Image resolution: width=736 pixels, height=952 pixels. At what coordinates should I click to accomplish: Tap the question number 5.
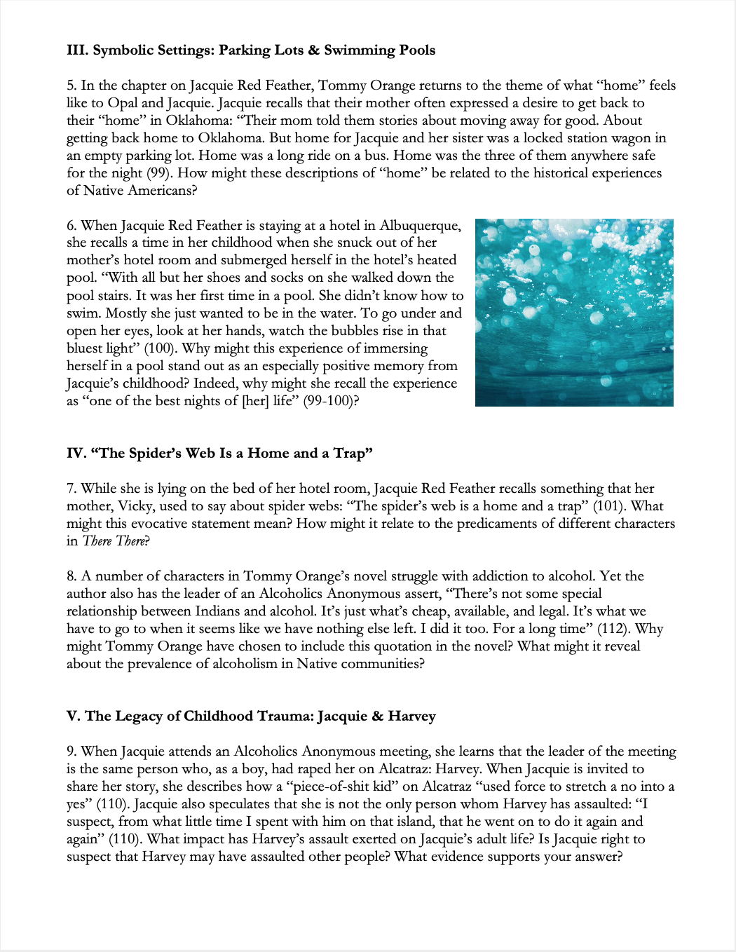click(71, 86)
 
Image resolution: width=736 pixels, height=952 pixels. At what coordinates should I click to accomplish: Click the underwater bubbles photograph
click(574, 313)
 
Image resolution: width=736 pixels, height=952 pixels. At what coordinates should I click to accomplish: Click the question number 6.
click(71, 226)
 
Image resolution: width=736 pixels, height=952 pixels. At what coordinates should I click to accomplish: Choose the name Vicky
click(139, 506)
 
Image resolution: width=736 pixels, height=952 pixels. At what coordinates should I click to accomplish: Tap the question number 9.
click(71, 752)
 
